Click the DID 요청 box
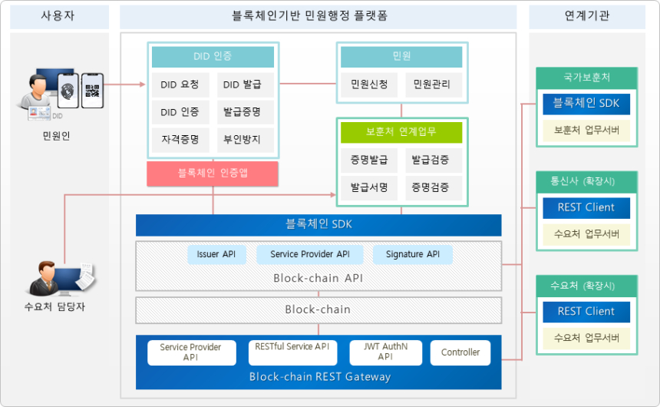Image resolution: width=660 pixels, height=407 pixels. coord(180,84)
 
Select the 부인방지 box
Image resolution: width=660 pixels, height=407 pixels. coord(242,140)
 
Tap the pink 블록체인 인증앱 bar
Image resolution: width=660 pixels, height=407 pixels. coord(213,173)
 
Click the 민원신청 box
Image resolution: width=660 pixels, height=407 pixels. coord(368,84)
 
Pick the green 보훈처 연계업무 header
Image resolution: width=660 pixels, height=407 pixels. coord(401,132)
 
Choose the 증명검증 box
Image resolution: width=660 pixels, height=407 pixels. coord(431,187)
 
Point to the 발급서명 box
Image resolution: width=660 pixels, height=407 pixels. coord(368,187)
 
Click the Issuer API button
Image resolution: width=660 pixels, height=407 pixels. coord(216,254)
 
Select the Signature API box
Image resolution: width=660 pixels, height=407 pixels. coord(413,254)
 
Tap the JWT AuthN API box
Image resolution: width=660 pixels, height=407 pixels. coord(385,352)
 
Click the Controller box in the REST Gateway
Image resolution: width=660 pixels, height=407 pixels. coord(460,352)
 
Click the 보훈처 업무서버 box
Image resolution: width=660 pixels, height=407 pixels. coord(586,130)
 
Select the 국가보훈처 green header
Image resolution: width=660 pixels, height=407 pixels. coord(586,78)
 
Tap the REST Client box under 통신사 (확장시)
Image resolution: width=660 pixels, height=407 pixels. coord(586,207)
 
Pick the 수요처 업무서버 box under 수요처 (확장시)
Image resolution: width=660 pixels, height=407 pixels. coord(586,338)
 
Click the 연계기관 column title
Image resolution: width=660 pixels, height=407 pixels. coord(586,16)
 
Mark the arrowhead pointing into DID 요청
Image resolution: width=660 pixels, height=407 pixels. coord(142,84)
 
